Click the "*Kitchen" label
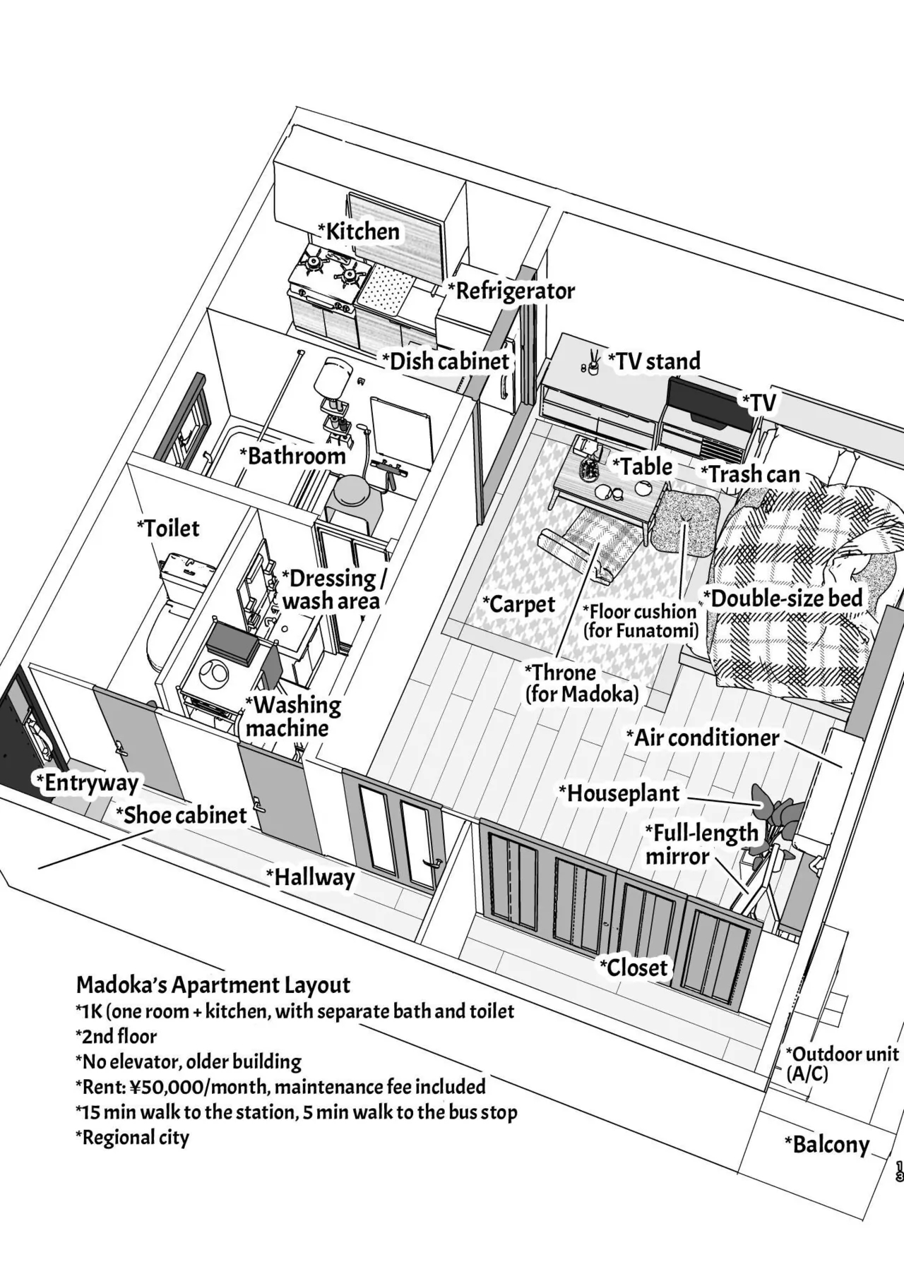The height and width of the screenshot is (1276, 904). pyautogui.click(x=359, y=231)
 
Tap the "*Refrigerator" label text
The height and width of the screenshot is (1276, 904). pyautogui.click(x=511, y=291)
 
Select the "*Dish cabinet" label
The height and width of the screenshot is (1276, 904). pyautogui.click(x=446, y=361)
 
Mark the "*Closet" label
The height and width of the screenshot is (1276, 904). pyautogui.click(x=634, y=967)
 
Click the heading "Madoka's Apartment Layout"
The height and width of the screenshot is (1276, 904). pyautogui.click(x=213, y=985)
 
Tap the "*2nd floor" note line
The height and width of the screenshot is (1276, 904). pyautogui.click(x=116, y=1036)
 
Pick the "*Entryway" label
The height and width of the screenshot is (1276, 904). pyautogui.click(x=87, y=783)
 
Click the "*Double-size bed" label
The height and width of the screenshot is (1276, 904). pyautogui.click(x=783, y=598)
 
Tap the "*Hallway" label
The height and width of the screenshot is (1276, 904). pyautogui.click(x=310, y=877)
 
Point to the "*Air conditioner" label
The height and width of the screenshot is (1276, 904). pyautogui.click(x=703, y=738)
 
